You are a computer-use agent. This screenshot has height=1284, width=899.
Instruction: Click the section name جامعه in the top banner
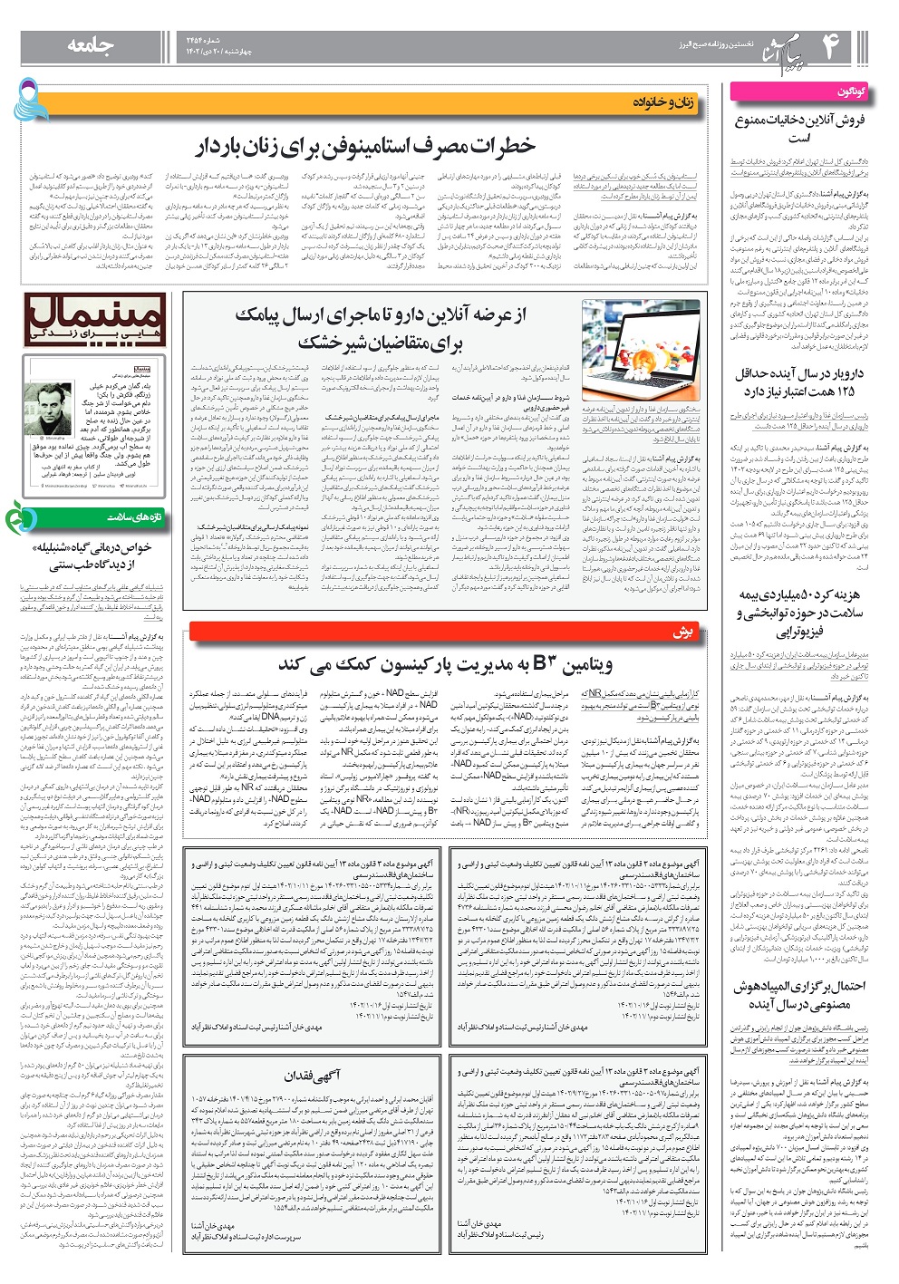(x=90, y=46)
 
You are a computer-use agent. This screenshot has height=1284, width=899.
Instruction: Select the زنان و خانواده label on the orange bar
(x=662, y=104)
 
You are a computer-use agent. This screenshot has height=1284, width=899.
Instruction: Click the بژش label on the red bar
(x=681, y=632)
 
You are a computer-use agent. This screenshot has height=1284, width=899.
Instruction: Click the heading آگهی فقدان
(x=312, y=1076)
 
